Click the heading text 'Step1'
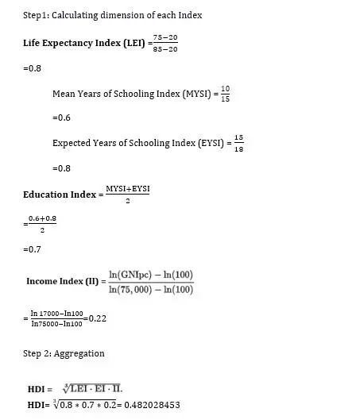pos(37,16)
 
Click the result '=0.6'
pos(63,118)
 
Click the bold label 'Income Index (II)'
pos(63,281)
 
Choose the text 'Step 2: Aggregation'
pos(64,353)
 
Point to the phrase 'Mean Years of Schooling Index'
pos(115,94)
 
